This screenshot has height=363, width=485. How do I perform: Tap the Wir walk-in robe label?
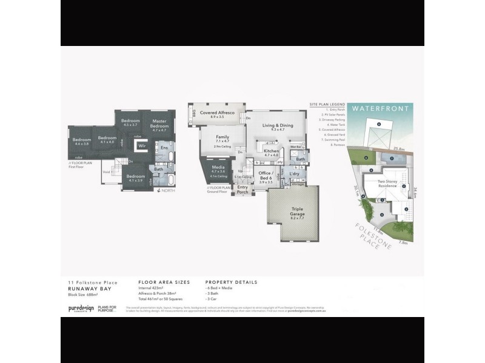coord(142,146)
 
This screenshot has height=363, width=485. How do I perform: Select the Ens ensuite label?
coord(164,147)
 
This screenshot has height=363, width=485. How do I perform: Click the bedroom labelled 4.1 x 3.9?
coord(136,178)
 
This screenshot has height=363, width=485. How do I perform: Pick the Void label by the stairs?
coord(107,172)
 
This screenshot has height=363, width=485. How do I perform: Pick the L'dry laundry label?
coord(295,174)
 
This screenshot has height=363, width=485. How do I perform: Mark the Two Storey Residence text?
coord(388,183)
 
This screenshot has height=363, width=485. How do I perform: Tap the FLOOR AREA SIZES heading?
coord(164,283)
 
